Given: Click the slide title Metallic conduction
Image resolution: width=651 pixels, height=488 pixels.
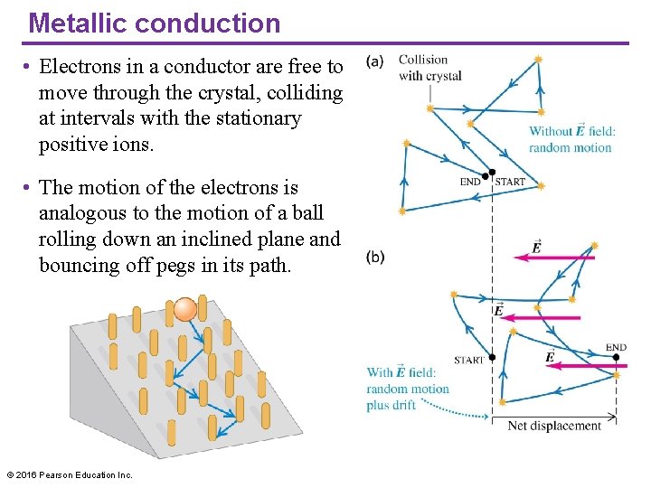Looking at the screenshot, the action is (155, 23).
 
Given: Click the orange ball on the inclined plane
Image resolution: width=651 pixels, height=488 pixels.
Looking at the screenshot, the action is (185, 309).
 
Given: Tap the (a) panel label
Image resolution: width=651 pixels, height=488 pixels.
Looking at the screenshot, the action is (375, 61).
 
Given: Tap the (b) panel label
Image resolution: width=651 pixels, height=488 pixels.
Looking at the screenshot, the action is (375, 257).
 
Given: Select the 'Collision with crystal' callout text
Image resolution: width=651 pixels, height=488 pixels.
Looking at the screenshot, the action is (429, 68).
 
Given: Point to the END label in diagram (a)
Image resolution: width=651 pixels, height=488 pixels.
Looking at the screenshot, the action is (471, 182).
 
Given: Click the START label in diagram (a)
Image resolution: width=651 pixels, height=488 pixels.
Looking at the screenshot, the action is (510, 182).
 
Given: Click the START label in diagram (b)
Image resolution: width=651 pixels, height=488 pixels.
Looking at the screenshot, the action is (469, 360).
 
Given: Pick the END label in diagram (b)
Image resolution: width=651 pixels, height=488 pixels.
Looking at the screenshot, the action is (616, 347).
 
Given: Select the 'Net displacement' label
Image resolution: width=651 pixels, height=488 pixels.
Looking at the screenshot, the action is (554, 426).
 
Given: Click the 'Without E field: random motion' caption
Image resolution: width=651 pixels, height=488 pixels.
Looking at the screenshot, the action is (571, 139).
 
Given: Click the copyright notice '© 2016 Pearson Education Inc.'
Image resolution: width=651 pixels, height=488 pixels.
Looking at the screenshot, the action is (70, 474).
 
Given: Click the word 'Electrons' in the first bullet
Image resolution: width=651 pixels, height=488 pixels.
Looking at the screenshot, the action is (82, 66).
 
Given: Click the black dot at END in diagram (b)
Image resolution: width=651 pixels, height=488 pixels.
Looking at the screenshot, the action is (616, 357).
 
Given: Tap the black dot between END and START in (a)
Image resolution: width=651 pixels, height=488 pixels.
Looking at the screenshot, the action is (491, 173).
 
